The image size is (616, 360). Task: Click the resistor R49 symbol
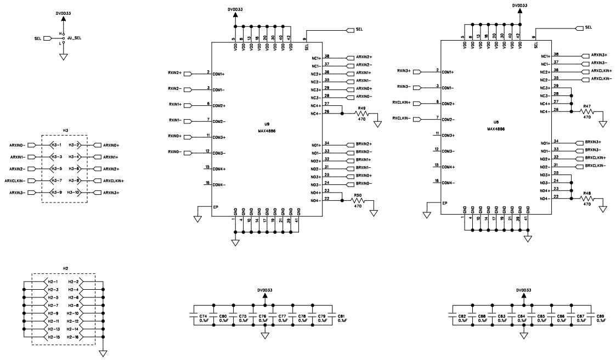[x=361, y=114]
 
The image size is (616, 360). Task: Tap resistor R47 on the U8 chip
[x=587, y=111]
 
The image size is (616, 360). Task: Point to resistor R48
[x=587, y=198]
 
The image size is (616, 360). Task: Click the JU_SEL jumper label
[x=74, y=38]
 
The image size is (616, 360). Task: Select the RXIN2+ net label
[x=175, y=73]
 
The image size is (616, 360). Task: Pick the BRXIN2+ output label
[x=364, y=144]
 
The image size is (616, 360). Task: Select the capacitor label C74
[x=203, y=316]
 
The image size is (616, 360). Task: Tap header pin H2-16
[x=74, y=336]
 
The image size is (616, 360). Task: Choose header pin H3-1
[x=56, y=145]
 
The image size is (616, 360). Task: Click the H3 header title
[x=65, y=130]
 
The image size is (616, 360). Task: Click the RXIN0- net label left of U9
[x=175, y=152]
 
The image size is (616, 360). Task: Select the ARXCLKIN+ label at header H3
[x=112, y=181]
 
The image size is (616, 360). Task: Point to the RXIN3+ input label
[x=404, y=71]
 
